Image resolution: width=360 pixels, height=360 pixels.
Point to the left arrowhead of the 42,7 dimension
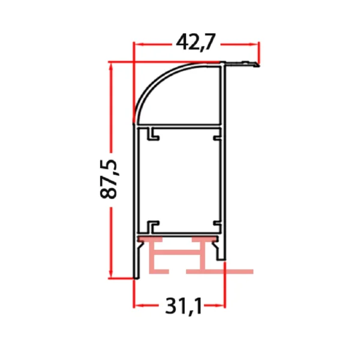(137, 44)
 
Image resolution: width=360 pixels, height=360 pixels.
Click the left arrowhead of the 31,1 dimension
(137, 305)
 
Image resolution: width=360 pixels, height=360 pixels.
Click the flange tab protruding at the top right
(244, 63)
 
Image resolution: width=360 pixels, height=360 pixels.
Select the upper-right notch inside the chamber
(216, 136)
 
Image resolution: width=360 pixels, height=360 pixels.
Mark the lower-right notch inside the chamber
(216, 226)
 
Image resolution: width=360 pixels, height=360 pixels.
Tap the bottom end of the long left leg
(136, 276)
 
